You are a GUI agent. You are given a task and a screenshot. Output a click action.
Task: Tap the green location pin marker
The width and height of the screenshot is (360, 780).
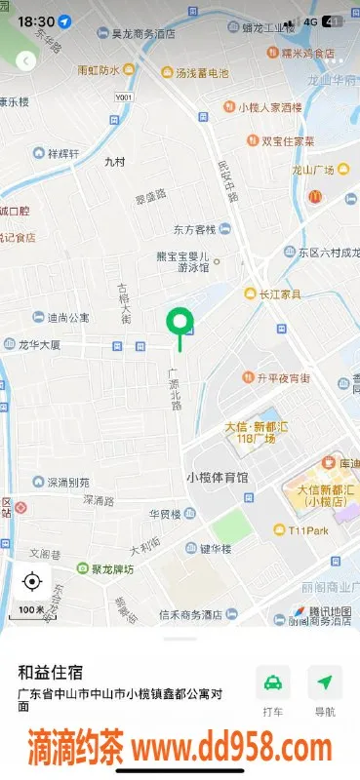click(179, 322)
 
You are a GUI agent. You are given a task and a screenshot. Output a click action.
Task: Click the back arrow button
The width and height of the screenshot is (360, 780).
click(26, 60)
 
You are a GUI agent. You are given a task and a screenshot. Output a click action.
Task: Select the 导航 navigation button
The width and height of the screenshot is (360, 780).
click(325, 690)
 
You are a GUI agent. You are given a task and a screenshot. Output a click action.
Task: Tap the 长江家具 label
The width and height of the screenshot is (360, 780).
click(278, 293)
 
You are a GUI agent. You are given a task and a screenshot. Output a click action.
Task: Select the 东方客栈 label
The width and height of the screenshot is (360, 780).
click(193, 230)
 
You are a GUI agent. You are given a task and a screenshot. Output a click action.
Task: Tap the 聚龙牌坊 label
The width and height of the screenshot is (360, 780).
click(109, 568)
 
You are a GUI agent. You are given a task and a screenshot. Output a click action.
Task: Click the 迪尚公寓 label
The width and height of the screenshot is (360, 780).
click(68, 317)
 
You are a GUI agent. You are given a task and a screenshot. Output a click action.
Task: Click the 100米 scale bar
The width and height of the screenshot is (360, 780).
click(31, 609)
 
